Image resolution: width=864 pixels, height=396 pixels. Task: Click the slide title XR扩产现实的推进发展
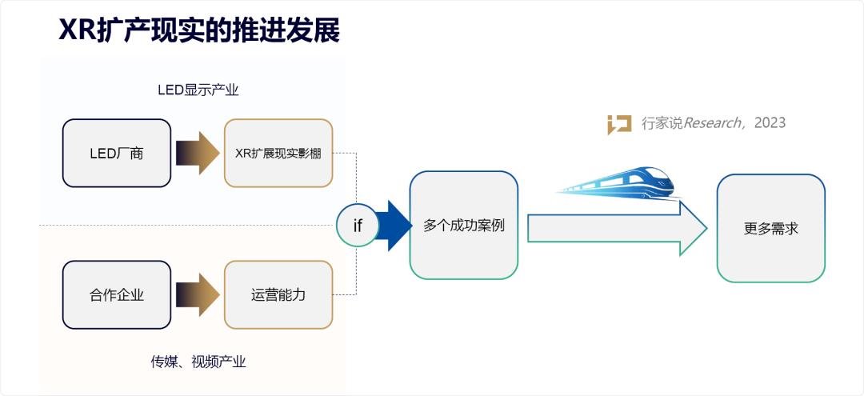[199, 30]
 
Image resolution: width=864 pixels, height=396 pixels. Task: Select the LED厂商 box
[117, 154]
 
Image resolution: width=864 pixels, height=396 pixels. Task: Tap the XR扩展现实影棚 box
[278, 154]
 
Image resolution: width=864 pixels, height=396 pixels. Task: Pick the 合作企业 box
[117, 294]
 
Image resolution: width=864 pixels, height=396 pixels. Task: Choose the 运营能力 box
[278, 294]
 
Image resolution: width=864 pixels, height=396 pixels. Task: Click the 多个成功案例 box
[464, 226]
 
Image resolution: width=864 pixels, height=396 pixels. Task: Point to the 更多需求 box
[770, 228]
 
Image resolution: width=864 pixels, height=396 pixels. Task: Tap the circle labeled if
[357, 226]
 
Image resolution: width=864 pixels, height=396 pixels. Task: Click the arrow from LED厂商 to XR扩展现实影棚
[197, 154]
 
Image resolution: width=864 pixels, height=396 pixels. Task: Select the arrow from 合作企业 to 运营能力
[197, 294]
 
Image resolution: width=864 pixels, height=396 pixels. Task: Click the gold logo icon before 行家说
[619, 124]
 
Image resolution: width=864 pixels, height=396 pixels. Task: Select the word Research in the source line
[710, 123]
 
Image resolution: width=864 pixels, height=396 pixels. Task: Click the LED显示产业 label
[198, 90]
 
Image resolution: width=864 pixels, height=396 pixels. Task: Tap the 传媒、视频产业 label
[198, 362]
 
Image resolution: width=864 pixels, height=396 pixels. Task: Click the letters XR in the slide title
[78, 30]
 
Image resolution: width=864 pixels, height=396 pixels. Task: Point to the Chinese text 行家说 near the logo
[660, 123]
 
